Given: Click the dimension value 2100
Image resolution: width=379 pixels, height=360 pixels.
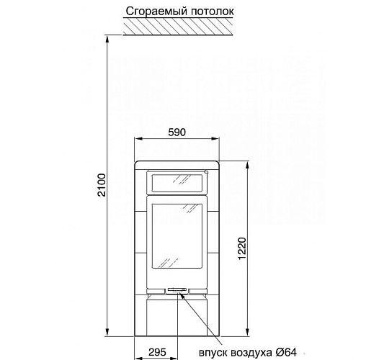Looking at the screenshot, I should pos(101,186).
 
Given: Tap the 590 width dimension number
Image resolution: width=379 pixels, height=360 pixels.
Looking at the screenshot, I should pos(177,132).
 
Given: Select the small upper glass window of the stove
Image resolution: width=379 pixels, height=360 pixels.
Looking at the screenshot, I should pos(177,182).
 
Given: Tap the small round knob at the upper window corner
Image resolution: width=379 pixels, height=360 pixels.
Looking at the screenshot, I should pos(205,171).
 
